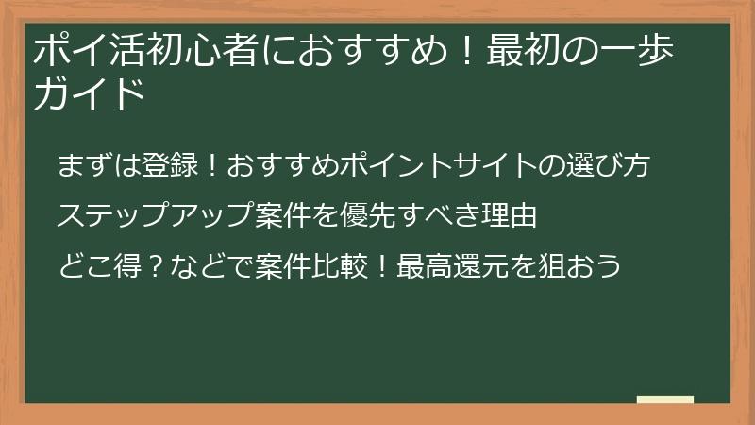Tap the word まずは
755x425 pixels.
(x=99, y=167)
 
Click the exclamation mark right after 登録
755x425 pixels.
(x=213, y=167)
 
